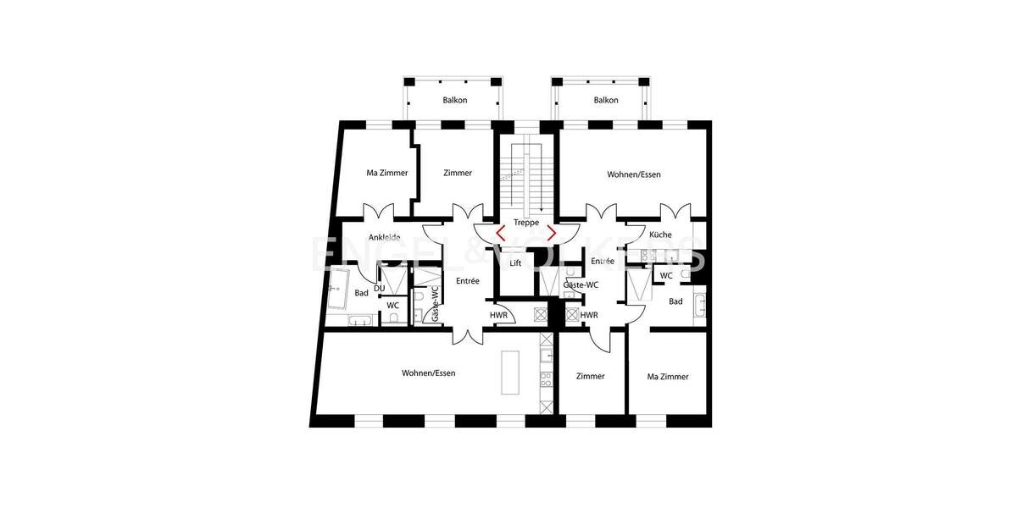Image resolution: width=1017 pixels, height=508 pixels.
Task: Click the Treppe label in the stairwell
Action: coord(526,223)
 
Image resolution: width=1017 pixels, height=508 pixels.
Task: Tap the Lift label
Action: coord(515,263)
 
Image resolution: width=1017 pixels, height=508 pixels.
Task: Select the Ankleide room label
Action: coord(384,237)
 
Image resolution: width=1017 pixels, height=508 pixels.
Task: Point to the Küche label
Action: coord(660,235)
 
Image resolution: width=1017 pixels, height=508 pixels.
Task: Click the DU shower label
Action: coord(379,288)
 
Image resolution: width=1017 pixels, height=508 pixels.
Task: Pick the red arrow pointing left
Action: coord(501,233)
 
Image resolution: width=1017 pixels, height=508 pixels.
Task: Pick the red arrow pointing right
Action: coord(552,233)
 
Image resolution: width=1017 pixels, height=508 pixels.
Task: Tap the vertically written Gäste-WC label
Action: coord(435,303)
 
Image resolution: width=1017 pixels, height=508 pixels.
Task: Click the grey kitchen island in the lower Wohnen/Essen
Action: coord(510,372)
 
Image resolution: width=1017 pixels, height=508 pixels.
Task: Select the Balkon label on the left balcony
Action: coord(455,100)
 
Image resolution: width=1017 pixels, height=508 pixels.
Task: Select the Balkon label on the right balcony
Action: coord(606,100)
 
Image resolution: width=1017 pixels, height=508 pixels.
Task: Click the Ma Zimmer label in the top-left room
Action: coord(387,173)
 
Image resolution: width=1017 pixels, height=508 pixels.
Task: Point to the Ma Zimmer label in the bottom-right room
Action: coord(668,377)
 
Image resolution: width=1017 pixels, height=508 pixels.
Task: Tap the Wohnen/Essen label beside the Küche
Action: coord(634,174)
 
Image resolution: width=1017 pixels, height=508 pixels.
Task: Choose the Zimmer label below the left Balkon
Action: coord(458,173)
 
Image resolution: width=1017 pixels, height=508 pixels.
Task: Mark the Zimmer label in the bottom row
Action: coord(590,377)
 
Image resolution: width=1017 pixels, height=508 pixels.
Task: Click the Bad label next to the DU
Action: coord(362,293)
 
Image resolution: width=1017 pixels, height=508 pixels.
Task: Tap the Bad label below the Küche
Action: coord(675,301)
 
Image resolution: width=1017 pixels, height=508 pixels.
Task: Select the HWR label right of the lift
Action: coord(589,315)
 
